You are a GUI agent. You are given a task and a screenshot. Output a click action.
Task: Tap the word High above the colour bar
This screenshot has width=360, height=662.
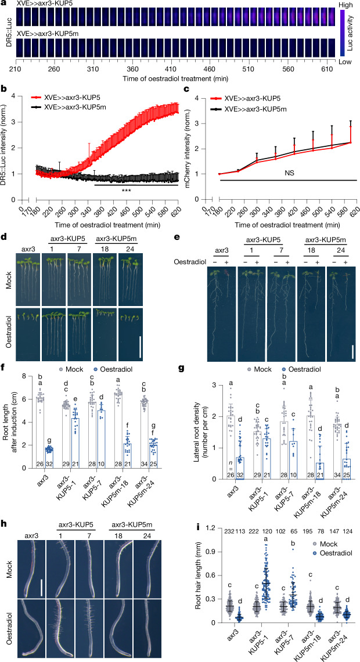click(347, 4)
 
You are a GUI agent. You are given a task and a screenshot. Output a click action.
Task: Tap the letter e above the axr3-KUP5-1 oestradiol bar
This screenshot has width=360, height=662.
click(87, 398)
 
